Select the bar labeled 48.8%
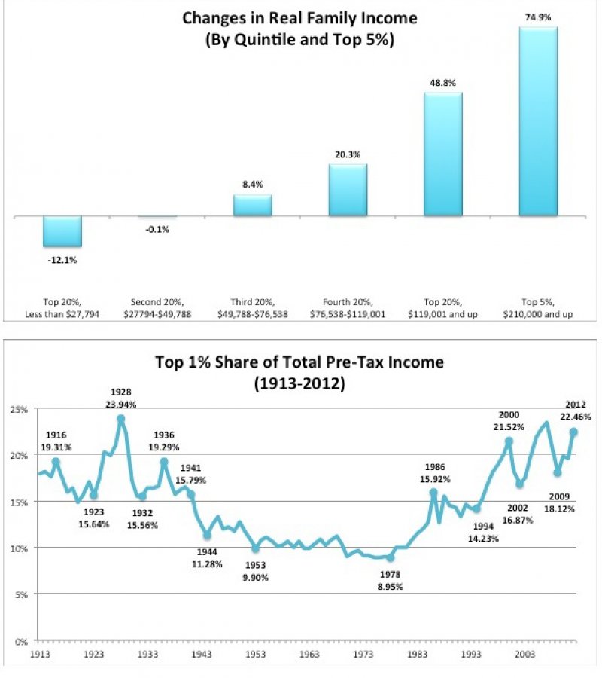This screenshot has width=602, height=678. [442, 154]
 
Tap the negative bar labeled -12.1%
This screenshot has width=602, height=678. [62, 231]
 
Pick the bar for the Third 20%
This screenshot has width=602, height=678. [252, 205]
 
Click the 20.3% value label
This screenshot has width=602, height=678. [348, 154]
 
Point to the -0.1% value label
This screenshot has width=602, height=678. [157, 230]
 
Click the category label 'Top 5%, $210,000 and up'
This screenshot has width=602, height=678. [538, 307]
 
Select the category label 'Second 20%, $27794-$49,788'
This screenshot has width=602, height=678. [157, 307]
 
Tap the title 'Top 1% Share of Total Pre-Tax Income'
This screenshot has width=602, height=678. [299, 362]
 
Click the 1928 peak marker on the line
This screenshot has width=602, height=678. [120, 418]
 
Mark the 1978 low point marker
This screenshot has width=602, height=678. [390, 558]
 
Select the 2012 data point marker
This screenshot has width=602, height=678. [573, 432]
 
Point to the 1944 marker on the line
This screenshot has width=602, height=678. [207, 536]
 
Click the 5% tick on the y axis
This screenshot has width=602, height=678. [21, 594]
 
